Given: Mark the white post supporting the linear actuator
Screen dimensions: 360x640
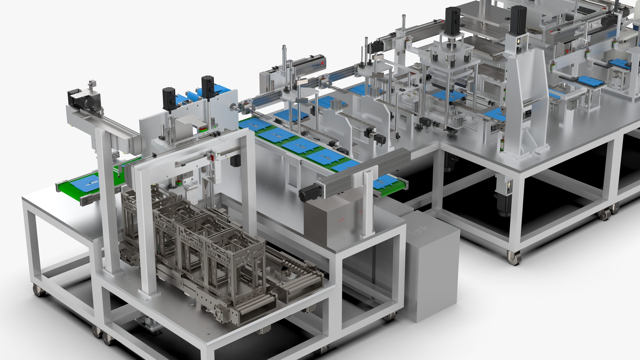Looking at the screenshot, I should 368,203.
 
